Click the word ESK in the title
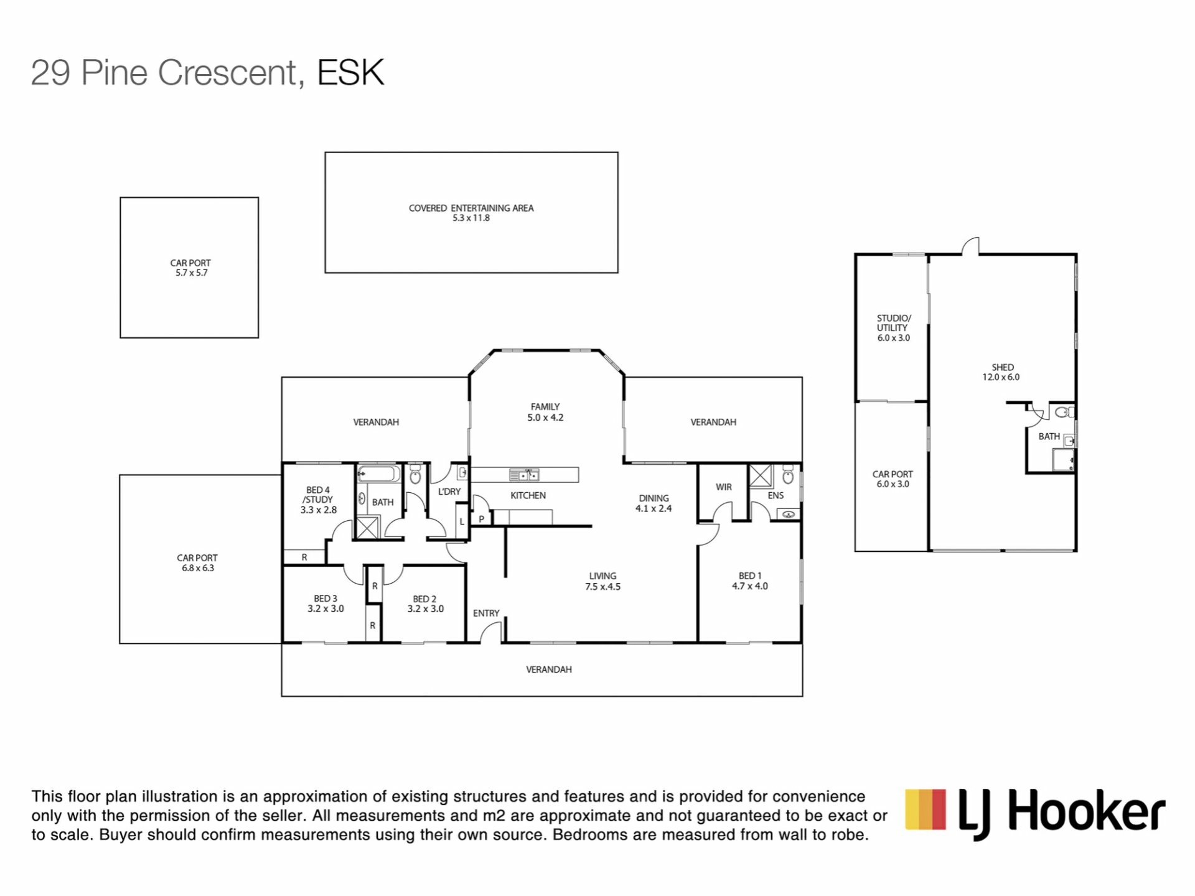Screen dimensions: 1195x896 350,72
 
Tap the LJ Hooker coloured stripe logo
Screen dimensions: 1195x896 926,809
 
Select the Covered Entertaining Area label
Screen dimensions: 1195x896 471,208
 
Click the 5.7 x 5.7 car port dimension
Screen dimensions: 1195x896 192,273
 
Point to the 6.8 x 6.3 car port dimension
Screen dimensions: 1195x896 198,568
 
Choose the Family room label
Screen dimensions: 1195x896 545,407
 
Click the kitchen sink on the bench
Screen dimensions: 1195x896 524,475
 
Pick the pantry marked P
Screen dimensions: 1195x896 481,518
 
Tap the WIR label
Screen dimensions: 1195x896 723,487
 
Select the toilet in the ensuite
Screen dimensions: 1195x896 788,475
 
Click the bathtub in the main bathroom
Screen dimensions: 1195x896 379,474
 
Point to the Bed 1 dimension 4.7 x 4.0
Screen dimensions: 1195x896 750,586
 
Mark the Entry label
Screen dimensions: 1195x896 486,614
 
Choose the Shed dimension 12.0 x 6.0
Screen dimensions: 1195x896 1001,377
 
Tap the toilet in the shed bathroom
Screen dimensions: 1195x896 1064,411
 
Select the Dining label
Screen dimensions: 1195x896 654,498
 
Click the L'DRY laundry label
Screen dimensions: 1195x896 449,492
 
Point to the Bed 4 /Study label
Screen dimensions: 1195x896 318,495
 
